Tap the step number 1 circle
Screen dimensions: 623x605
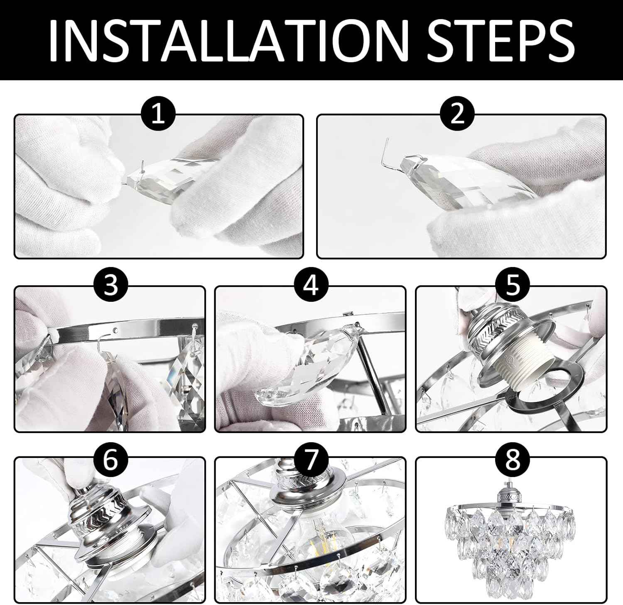(x=158, y=114)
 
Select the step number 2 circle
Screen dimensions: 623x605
(x=457, y=114)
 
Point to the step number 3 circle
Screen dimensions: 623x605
(x=111, y=286)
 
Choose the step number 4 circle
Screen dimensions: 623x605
(x=311, y=286)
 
